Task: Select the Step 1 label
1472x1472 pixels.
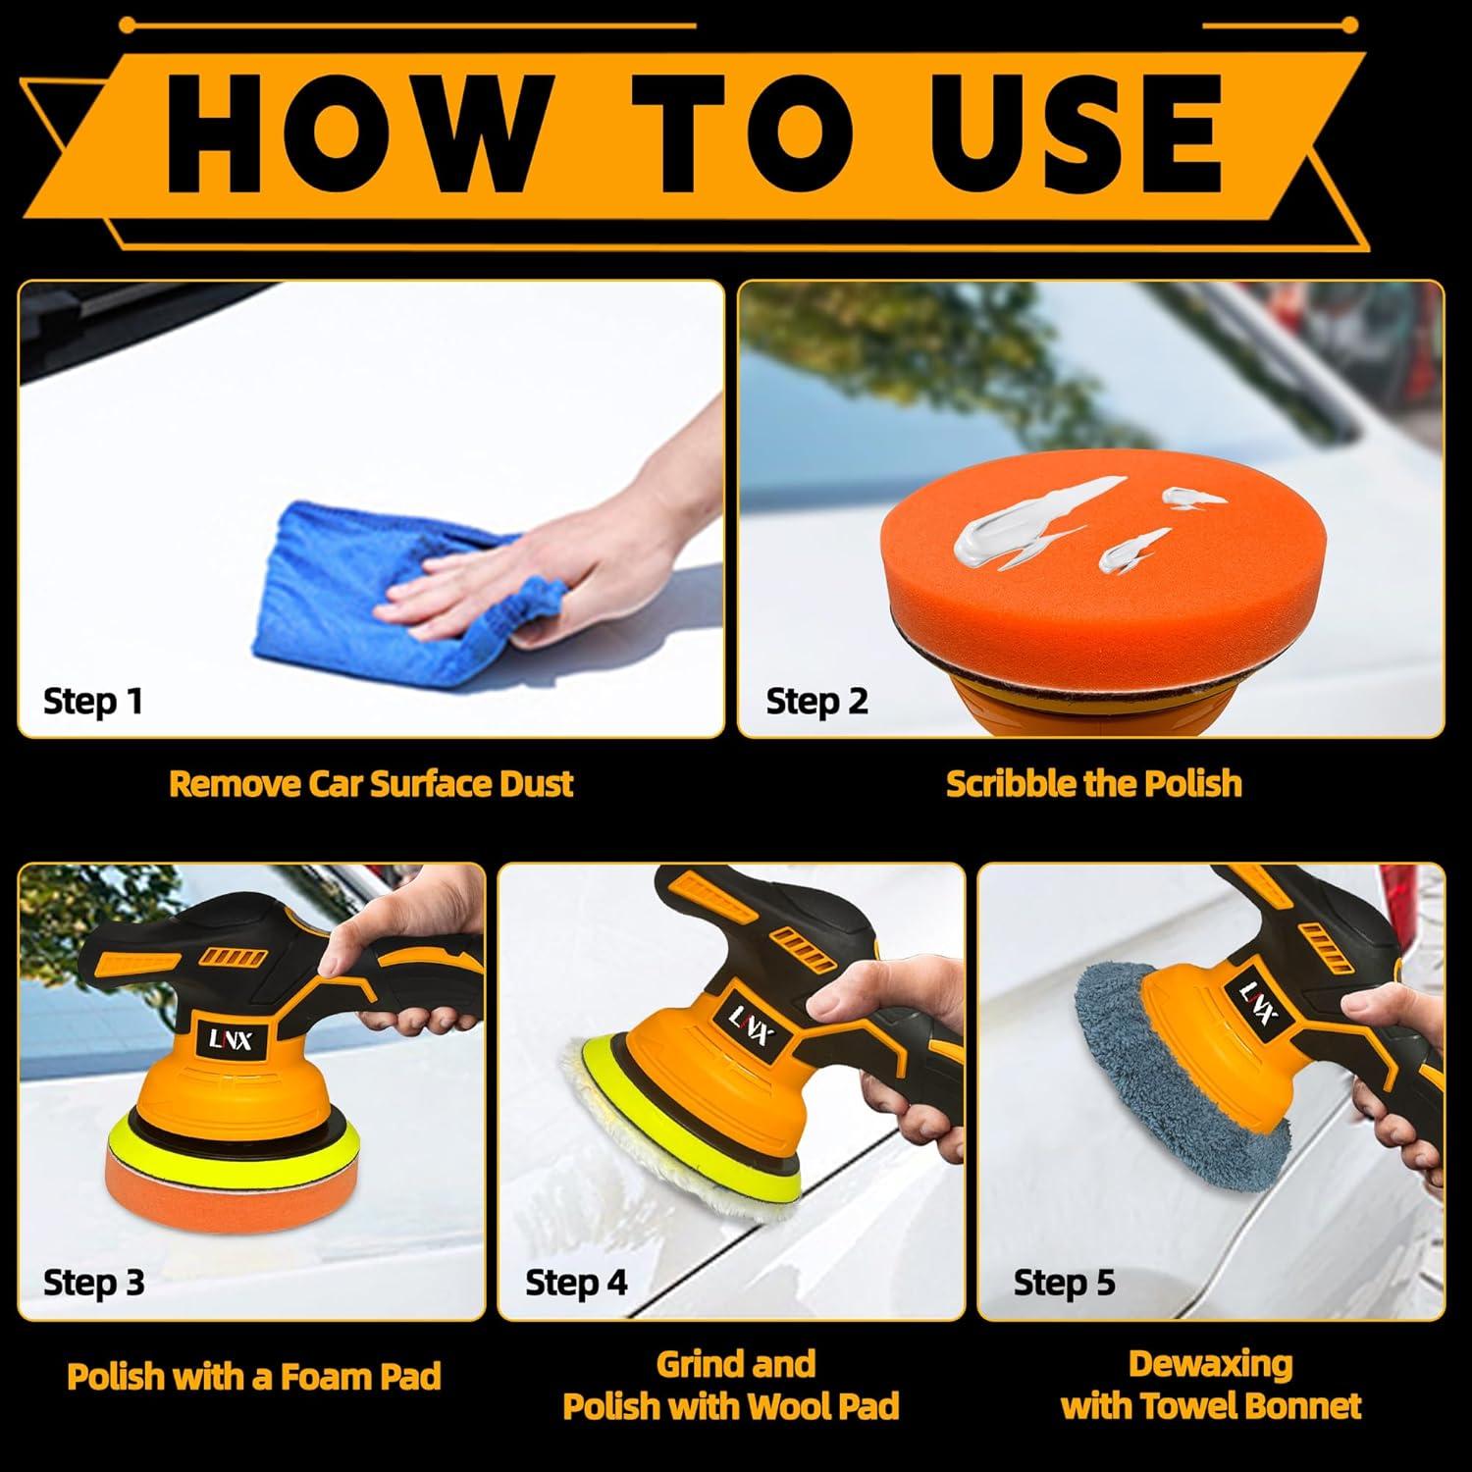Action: [x=92, y=701]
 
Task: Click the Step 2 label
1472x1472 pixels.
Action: [x=816, y=701]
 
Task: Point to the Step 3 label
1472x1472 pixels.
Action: [x=93, y=1283]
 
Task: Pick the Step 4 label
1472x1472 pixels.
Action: [x=576, y=1283]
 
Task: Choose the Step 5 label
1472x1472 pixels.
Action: [x=1065, y=1283]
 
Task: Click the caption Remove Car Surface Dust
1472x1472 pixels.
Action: [x=371, y=783]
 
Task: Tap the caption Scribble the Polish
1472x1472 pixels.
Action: [x=1093, y=783]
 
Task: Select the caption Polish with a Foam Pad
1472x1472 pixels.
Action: [x=253, y=1376]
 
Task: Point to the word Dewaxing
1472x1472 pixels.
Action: [x=1210, y=1364]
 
